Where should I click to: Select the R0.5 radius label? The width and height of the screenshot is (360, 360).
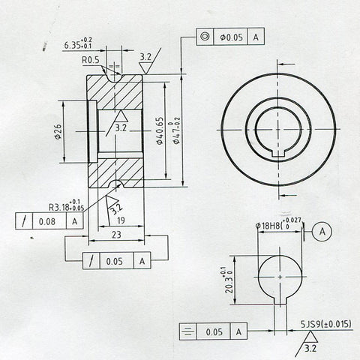(x=91, y=59)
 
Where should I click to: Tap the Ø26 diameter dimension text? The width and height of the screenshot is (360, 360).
(x=58, y=132)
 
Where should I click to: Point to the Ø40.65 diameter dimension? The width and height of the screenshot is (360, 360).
(x=159, y=131)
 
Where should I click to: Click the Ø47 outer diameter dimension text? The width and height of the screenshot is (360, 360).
(x=177, y=130)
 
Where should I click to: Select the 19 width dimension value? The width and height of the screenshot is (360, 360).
(x=121, y=221)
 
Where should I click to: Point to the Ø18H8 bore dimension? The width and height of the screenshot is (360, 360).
(x=280, y=224)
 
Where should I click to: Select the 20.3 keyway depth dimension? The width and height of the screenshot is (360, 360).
(x=223, y=280)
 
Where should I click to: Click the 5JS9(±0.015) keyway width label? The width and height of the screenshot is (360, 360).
(x=326, y=323)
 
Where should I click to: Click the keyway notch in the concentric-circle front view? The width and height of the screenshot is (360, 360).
(x=278, y=153)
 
